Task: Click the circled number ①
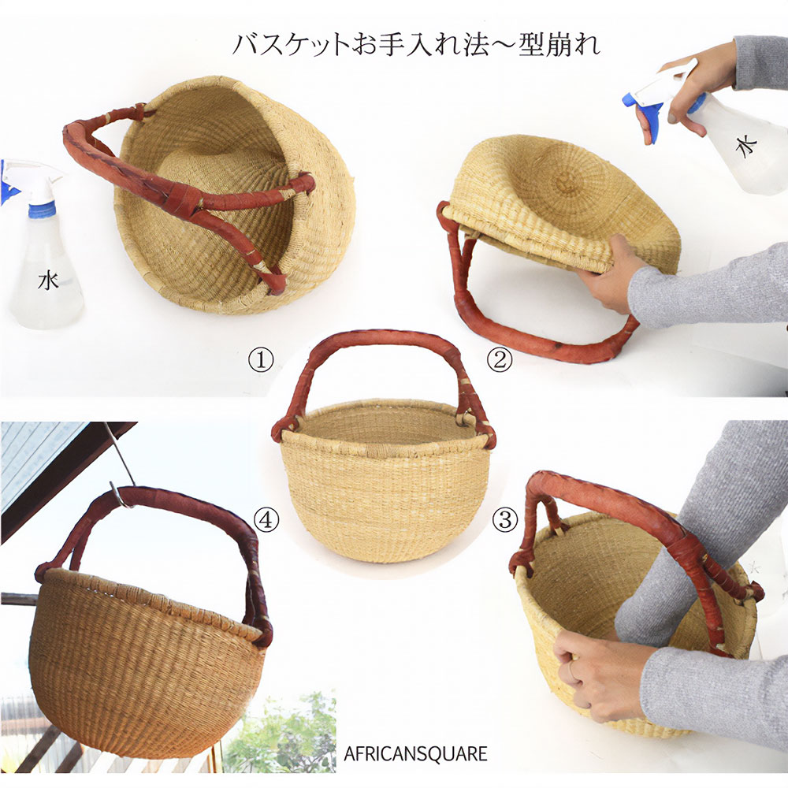[x=261, y=360]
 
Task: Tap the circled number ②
[x=500, y=360]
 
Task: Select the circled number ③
[x=504, y=519]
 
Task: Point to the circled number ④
[x=266, y=519]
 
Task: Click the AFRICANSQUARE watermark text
[x=415, y=754]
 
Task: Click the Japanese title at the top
[x=416, y=44]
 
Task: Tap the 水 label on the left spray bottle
[x=48, y=281]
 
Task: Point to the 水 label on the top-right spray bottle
[x=746, y=145]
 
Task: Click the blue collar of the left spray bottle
[x=42, y=210]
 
